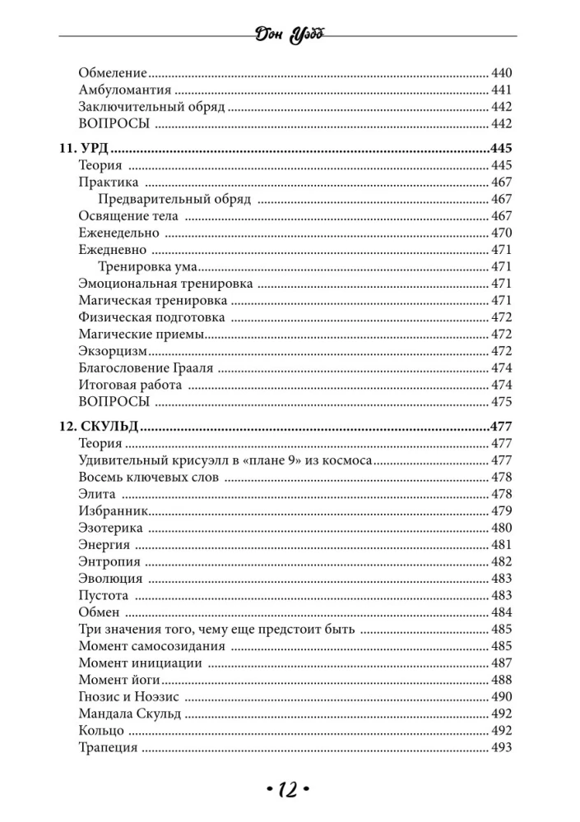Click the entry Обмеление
pyautogui.click(x=112, y=73)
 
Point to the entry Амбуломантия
pyautogui.click(x=125, y=90)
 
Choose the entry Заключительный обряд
pyautogui.click(x=151, y=107)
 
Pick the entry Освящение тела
pyautogui.click(x=128, y=216)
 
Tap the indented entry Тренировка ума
pyautogui.click(x=149, y=266)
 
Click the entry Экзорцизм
pyautogui.click(x=113, y=351)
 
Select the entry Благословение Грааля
pyautogui.click(x=146, y=367)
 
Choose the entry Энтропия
pyautogui.click(x=109, y=561)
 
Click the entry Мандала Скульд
pyautogui.click(x=130, y=713)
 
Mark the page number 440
pyautogui.click(x=501, y=73)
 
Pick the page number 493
pyautogui.click(x=501, y=747)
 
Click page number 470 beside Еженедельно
pyautogui.click(x=501, y=233)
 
